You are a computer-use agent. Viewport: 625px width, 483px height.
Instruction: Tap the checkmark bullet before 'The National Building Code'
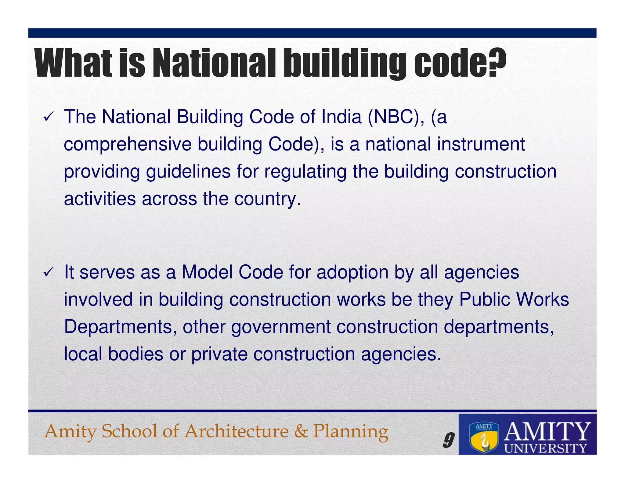click(x=49, y=117)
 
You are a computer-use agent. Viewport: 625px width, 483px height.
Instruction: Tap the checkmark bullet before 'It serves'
click(x=49, y=272)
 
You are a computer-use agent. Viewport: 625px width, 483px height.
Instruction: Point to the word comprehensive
click(x=128, y=145)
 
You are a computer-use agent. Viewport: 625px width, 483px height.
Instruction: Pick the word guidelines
click(x=188, y=172)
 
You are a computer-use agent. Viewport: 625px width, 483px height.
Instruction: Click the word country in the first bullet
click(x=267, y=199)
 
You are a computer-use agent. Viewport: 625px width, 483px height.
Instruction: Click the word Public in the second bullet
click(x=484, y=299)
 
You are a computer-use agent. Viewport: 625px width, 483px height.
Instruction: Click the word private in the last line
click(x=219, y=354)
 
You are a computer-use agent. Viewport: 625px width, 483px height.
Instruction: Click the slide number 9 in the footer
click(x=448, y=440)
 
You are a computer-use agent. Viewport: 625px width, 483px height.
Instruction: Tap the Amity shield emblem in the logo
click(x=484, y=438)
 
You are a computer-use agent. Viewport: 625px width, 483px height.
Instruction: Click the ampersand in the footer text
click(x=301, y=431)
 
